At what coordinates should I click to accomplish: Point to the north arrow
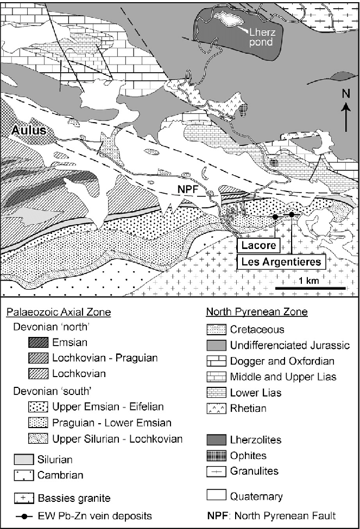[x=345, y=117]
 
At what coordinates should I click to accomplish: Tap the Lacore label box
[x=257, y=246]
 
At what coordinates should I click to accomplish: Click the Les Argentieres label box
[x=280, y=262]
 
